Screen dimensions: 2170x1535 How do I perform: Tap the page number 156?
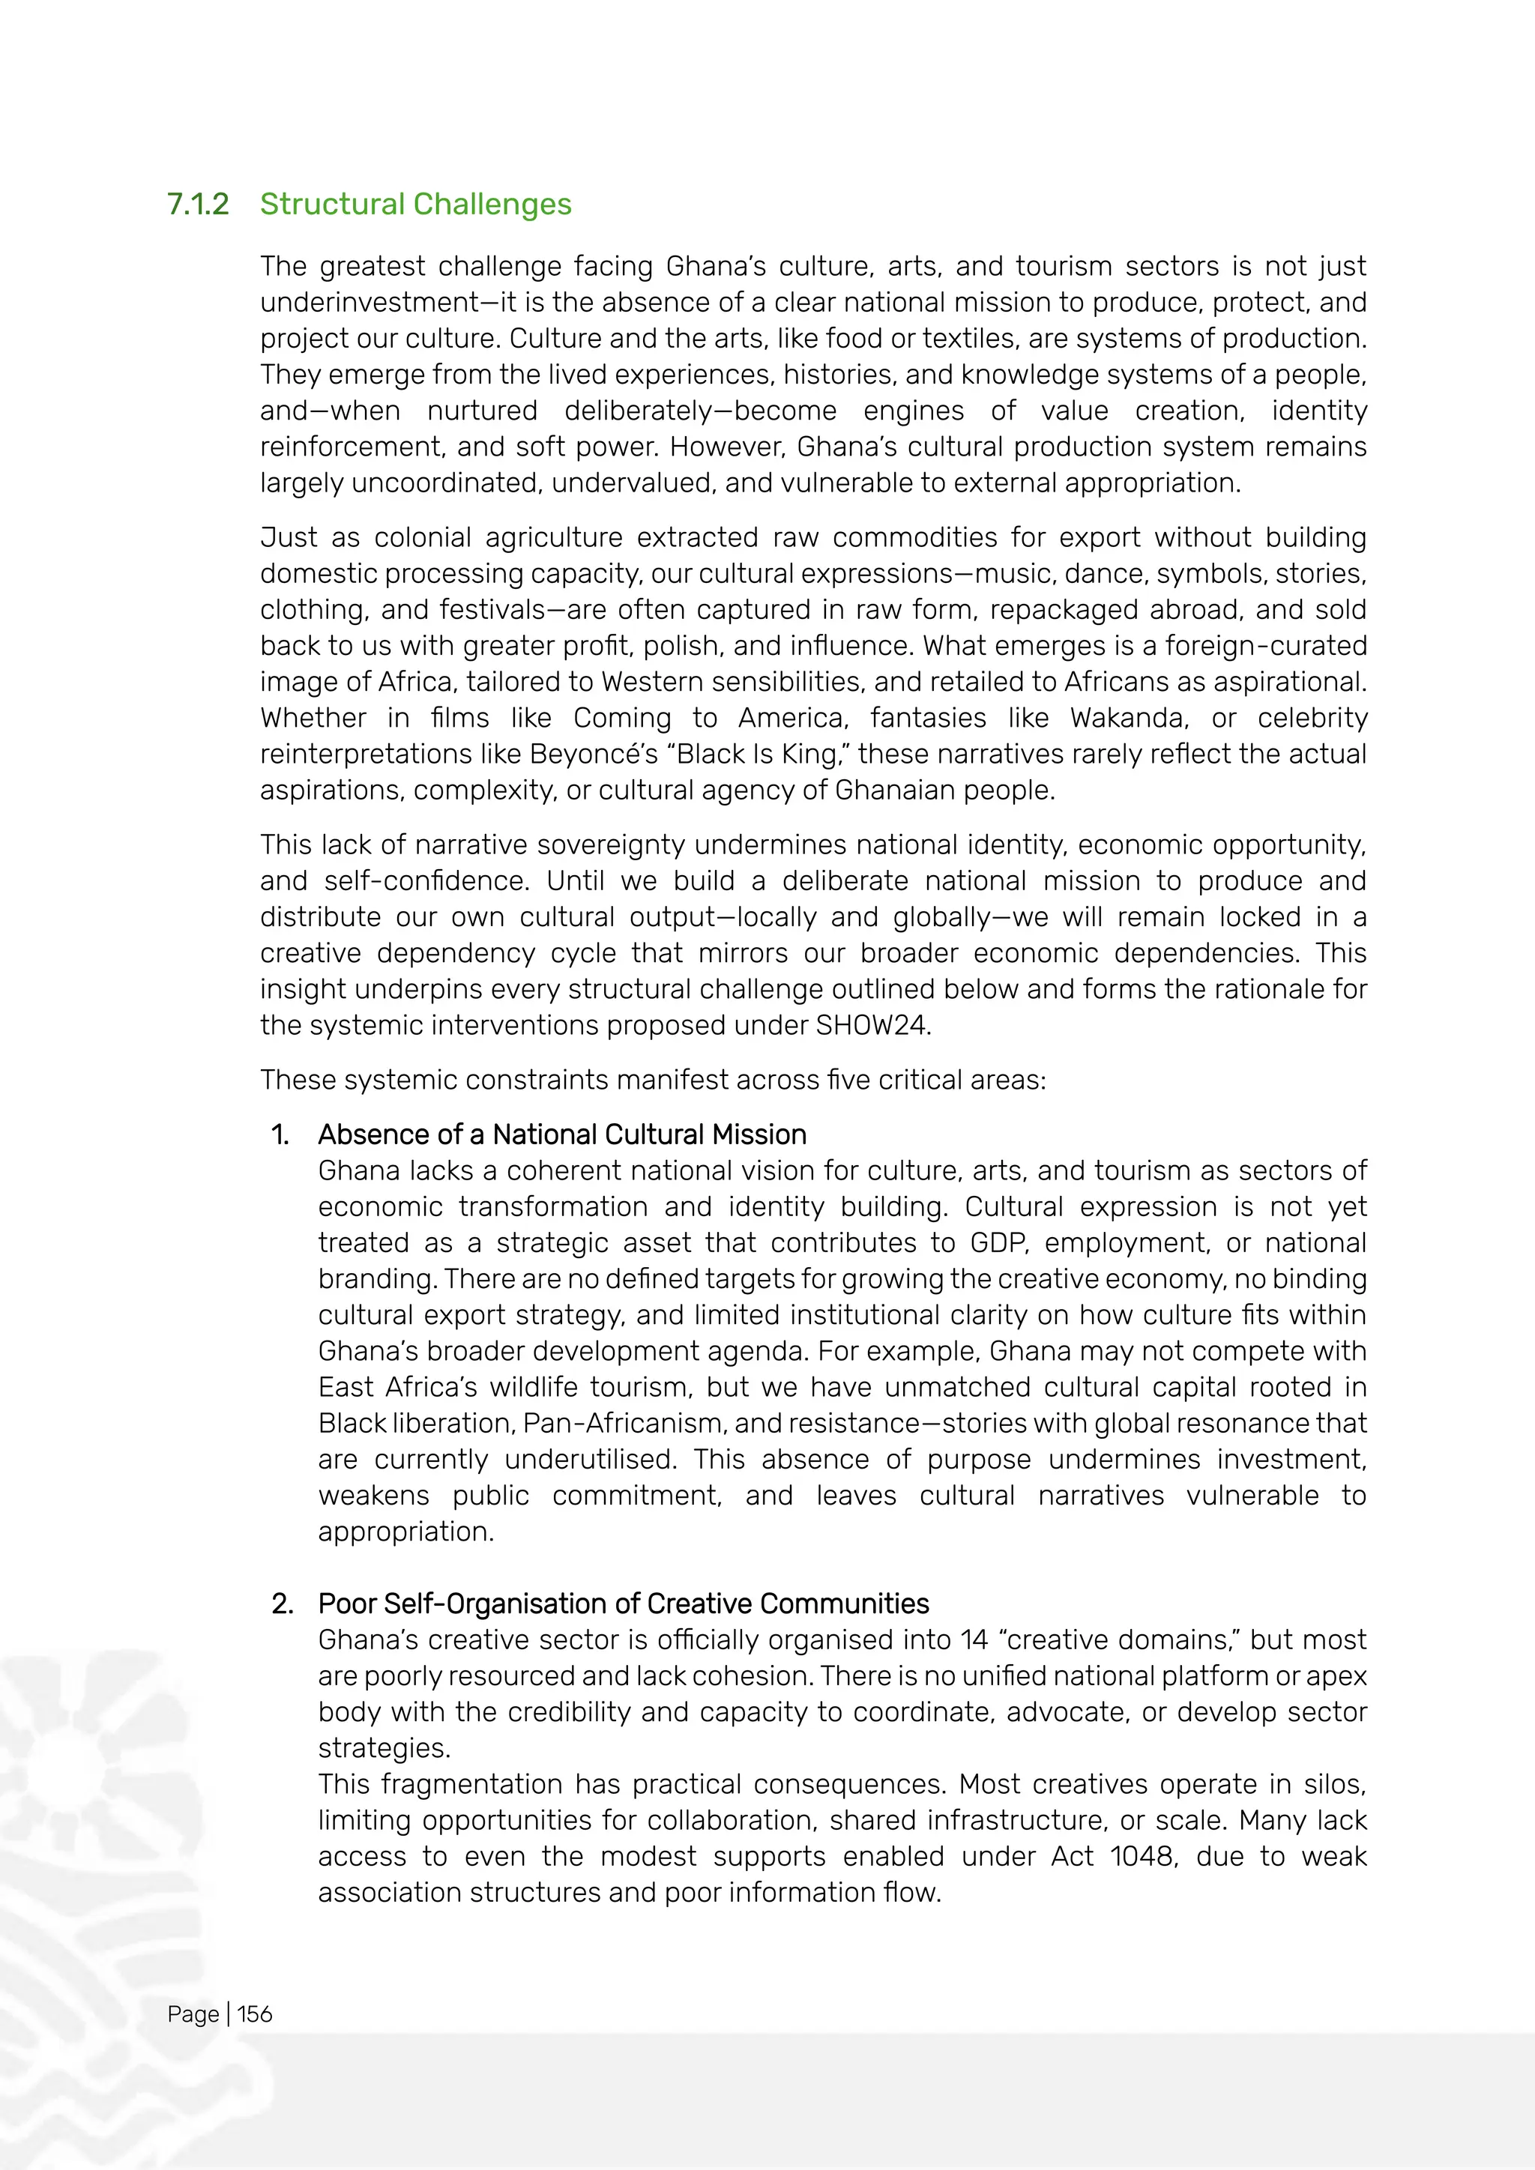tap(254, 2014)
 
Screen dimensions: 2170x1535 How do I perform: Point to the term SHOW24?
tap(870, 1026)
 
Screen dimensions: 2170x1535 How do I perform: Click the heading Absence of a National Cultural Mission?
tap(562, 1134)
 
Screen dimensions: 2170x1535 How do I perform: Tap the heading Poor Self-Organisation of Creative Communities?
tap(623, 1604)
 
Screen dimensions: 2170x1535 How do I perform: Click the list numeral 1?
tap(280, 1134)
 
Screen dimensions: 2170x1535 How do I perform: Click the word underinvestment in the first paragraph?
tap(370, 303)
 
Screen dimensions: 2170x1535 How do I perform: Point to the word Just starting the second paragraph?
tap(289, 538)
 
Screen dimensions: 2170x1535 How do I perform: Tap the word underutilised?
tap(590, 1459)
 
